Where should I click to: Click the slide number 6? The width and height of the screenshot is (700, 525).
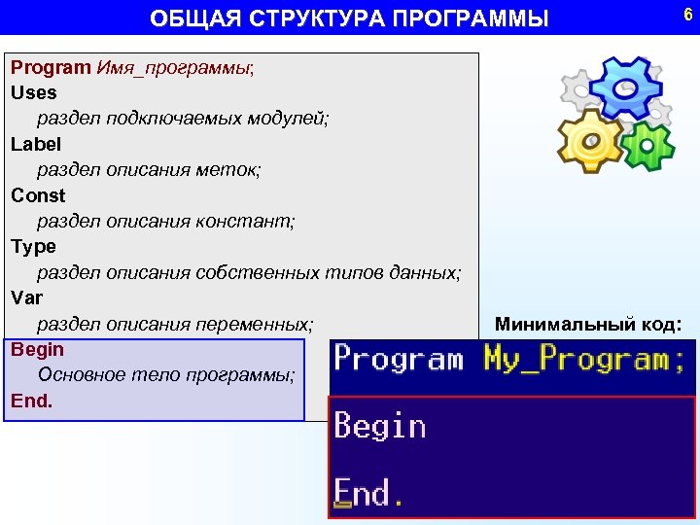click(x=687, y=15)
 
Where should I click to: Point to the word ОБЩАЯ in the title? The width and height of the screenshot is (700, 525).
click(x=185, y=18)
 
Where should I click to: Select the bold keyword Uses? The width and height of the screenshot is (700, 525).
click(x=34, y=93)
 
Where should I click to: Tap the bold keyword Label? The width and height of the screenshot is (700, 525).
click(x=36, y=144)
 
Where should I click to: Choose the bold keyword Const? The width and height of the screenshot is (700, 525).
click(x=38, y=195)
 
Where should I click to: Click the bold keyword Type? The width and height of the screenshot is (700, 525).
click(x=34, y=247)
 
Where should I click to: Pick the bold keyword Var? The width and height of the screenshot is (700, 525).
click(x=27, y=297)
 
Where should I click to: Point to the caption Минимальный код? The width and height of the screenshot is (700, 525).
click(x=588, y=324)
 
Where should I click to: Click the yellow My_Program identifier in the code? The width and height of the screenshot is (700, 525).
click(x=583, y=360)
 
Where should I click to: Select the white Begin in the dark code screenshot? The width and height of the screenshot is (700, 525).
click(x=380, y=427)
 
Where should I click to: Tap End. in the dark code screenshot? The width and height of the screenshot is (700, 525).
click(x=369, y=493)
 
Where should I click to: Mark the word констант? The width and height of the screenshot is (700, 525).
click(x=252, y=222)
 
